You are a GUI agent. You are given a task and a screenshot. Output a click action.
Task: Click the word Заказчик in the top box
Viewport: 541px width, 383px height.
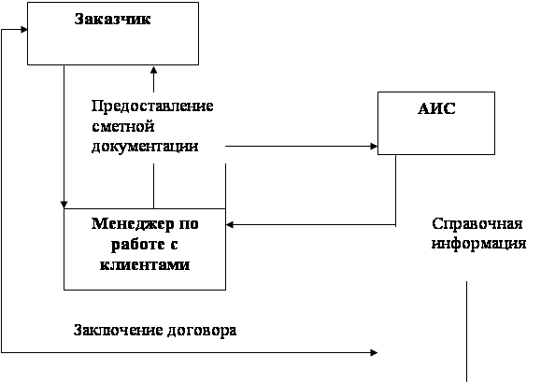(x=112, y=19)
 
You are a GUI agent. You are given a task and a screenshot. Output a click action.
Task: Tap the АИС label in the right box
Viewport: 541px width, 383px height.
(x=436, y=108)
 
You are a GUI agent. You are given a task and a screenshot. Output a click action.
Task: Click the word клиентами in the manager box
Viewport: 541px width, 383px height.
(x=145, y=264)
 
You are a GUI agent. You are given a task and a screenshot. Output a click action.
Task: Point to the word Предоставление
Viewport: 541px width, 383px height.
(x=152, y=106)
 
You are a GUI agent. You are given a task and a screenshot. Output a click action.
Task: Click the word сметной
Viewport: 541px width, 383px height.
(x=122, y=126)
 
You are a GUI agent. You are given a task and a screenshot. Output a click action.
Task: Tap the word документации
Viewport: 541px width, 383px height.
(x=145, y=147)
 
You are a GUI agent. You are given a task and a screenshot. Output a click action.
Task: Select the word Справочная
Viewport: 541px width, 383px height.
(x=477, y=224)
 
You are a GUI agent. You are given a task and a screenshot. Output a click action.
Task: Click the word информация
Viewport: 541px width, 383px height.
(x=479, y=244)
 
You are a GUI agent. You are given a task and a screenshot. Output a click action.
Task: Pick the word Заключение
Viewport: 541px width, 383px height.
(x=119, y=330)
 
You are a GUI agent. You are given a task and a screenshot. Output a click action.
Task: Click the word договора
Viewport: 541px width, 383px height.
(x=202, y=331)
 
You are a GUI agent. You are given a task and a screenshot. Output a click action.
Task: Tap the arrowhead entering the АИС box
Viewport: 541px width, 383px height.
(x=374, y=147)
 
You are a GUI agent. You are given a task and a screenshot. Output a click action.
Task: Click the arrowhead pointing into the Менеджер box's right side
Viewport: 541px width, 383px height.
(x=230, y=224)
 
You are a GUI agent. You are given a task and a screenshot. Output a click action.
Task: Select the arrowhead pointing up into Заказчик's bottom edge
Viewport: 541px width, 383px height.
(x=154, y=70)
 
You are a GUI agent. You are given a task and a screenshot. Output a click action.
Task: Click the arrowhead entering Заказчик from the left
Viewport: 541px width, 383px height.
(x=23, y=29)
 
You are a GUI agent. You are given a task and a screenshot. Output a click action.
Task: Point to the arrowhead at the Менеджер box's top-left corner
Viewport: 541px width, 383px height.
(x=64, y=205)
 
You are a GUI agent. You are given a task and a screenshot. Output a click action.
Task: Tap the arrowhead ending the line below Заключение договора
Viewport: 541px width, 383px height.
(x=374, y=352)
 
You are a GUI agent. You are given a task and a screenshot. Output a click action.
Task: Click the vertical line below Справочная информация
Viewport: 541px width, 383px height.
(x=467, y=332)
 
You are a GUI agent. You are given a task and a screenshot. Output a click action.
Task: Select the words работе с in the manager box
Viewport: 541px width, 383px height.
(x=144, y=245)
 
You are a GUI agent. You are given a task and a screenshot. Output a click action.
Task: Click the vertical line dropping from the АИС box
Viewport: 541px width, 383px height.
(x=396, y=191)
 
